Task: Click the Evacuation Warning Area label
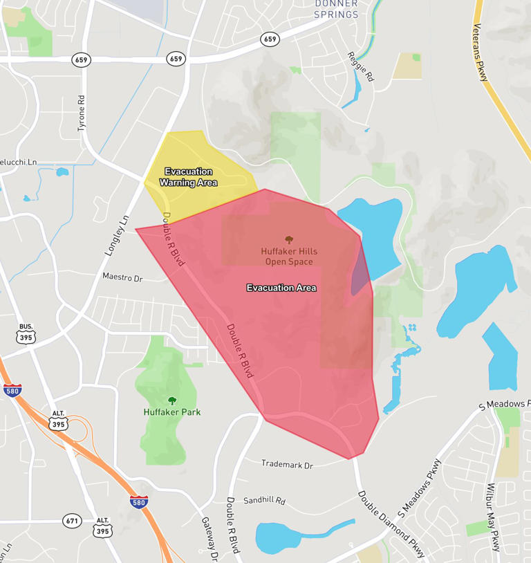click(188, 177)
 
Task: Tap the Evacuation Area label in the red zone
click(281, 288)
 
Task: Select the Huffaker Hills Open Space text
click(289, 257)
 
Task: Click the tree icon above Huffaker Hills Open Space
click(289, 239)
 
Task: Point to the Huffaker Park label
click(172, 412)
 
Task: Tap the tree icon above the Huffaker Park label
click(172, 400)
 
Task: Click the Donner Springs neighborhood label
click(337, 9)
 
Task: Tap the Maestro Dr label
click(122, 277)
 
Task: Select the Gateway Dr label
click(209, 539)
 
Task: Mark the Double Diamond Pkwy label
click(391, 524)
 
